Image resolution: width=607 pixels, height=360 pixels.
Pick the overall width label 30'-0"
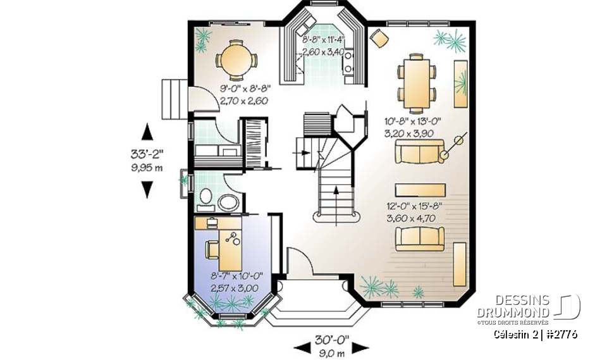(332, 341)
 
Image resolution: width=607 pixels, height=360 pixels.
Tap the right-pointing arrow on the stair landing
(304, 153)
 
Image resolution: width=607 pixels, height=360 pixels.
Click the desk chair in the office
(212, 250)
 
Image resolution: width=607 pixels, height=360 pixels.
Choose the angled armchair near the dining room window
(379, 38)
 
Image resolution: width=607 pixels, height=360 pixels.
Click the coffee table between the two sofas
(420, 190)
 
